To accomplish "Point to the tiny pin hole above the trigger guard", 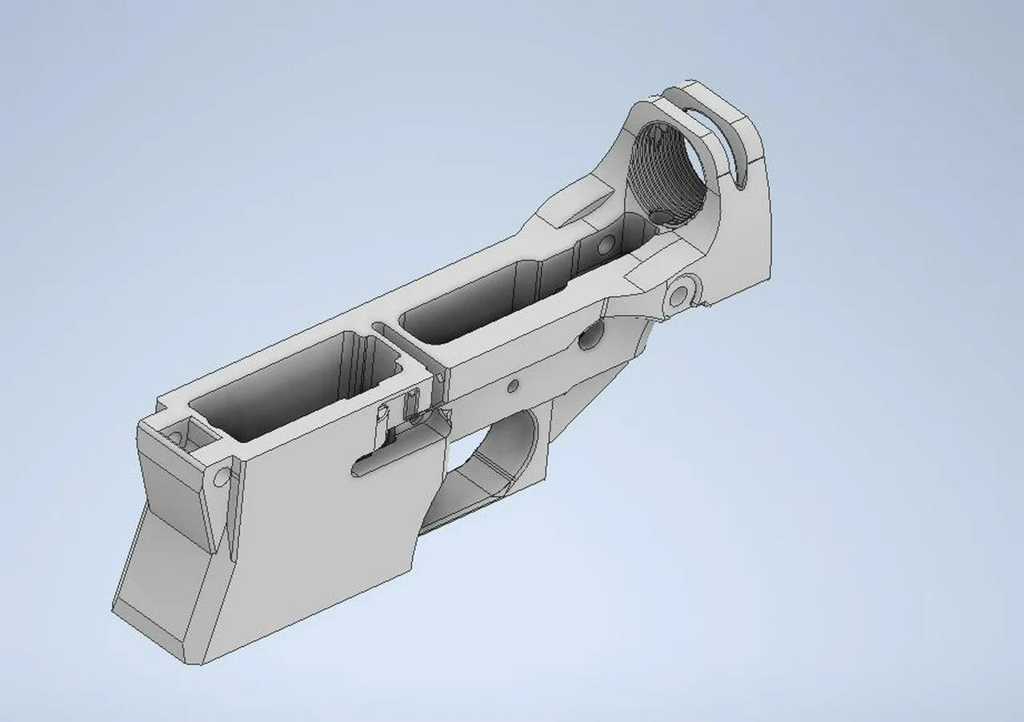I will (513, 386).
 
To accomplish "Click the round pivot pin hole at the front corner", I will (222, 477).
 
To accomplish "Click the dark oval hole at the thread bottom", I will (659, 216).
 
